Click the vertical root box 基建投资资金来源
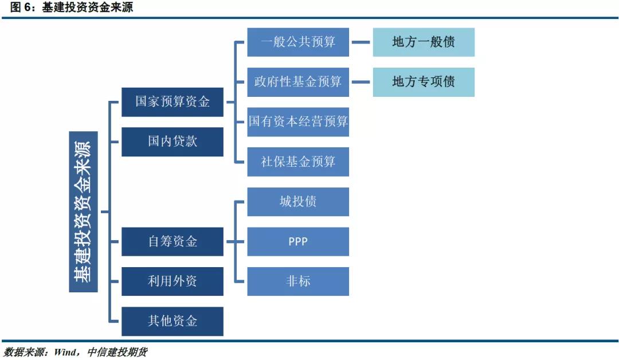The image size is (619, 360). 84,212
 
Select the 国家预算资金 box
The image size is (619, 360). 173,102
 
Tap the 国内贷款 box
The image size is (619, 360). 173,142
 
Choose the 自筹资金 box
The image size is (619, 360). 173,241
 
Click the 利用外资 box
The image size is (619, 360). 173,281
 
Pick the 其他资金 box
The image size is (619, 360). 173,321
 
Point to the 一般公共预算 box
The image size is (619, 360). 298,42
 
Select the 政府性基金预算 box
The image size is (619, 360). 298,82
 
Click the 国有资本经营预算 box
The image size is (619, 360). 298,122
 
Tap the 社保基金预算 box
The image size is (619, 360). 298,162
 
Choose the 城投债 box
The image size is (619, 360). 298,201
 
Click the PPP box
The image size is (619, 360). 298,241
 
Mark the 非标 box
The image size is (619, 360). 298,281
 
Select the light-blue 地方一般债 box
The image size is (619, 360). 424,42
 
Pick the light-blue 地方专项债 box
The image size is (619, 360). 424,82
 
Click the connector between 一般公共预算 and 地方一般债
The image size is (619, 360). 361,42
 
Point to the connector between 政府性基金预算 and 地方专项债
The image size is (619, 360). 361,82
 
